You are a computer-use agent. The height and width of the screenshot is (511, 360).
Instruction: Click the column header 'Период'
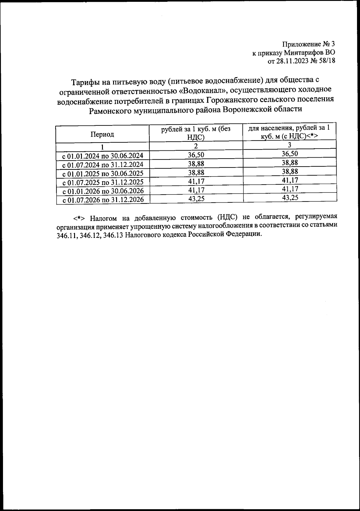pos(102,134)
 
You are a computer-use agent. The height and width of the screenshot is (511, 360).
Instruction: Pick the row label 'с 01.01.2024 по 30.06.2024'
pos(103,156)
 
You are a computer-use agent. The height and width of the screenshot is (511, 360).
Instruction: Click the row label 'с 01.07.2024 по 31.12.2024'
pos(103,165)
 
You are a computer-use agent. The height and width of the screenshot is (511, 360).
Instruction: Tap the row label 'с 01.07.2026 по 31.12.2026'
pos(103,200)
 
